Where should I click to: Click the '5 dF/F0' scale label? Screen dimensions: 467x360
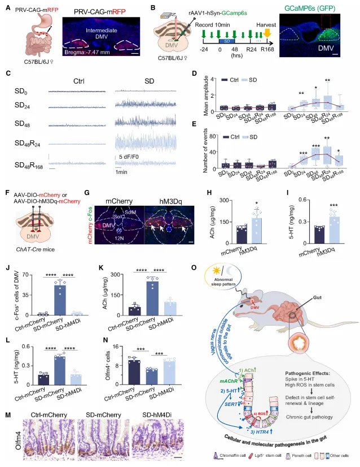[x=130, y=157]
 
